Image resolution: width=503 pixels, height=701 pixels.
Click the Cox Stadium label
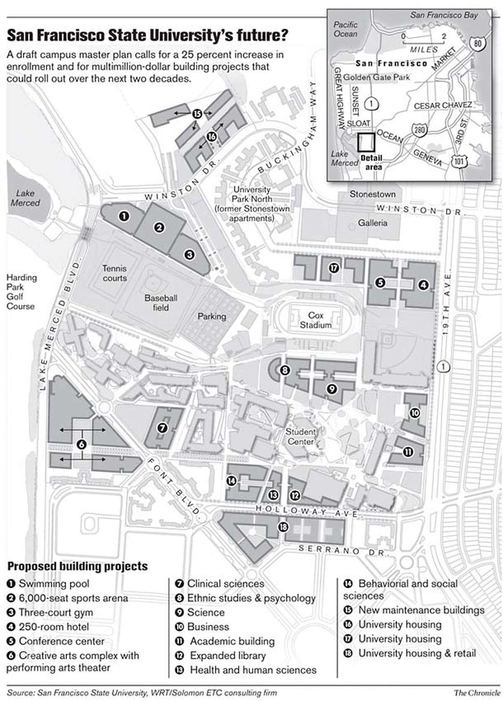(315, 320)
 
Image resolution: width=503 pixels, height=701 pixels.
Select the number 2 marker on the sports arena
(159, 228)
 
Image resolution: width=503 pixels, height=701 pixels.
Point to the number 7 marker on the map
(162, 428)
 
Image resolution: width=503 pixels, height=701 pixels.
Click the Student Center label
(301, 436)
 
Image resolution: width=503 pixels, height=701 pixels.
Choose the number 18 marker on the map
(283, 527)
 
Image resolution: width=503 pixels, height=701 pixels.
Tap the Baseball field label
(161, 303)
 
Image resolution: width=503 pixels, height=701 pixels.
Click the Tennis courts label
(114, 273)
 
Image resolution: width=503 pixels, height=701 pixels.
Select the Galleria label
(373, 223)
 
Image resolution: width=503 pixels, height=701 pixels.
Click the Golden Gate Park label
(376, 77)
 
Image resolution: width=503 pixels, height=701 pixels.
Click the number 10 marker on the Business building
(415, 413)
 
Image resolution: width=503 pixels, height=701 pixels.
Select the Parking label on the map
(212, 317)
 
